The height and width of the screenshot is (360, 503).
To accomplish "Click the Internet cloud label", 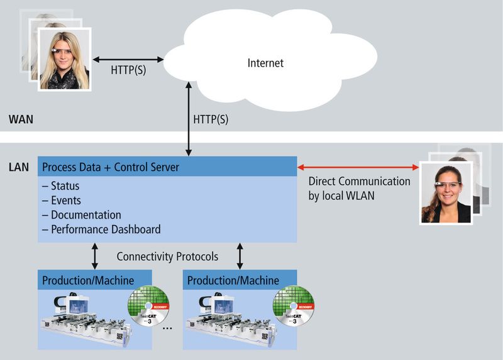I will (x=265, y=63).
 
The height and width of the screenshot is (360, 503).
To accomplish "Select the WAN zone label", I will (x=21, y=119).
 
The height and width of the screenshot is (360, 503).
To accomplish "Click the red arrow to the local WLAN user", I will (x=358, y=167).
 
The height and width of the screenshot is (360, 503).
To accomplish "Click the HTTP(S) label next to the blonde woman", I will (x=128, y=70).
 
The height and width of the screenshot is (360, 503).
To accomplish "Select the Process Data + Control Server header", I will (x=110, y=167).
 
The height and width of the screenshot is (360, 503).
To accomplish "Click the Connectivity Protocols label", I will (x=168, y=257).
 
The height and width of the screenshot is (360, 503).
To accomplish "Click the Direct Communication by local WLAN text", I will (x=359, y=188).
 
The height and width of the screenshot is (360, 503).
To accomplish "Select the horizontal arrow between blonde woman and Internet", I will (x=128, y=60).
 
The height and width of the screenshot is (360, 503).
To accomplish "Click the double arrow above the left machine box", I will (x=95, y=256).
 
